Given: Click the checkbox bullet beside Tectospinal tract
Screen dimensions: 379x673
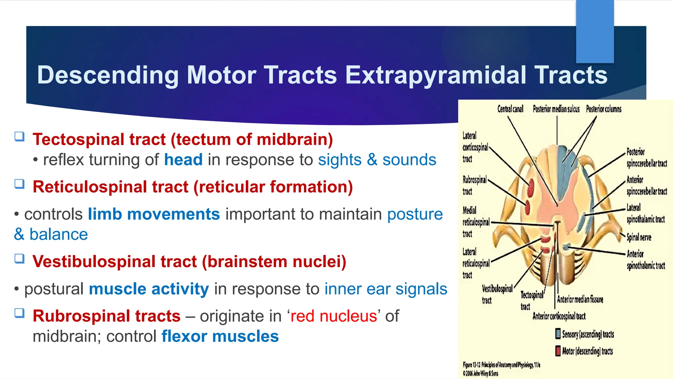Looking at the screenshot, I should (x=19, y=137).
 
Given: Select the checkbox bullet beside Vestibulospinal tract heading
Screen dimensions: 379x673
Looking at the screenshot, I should (x=19, y=259).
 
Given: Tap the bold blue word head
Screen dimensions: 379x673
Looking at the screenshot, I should (x=183, y=160).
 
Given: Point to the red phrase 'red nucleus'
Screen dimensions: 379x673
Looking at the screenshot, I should (x=334, y=316).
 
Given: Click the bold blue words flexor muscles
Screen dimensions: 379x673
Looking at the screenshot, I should (x=220, y=337).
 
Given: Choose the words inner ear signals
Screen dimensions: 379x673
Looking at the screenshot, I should (x=385, y=289).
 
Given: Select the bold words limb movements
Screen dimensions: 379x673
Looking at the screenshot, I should (x=153, y=214).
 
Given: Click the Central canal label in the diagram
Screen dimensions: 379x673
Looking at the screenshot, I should (x=510, y=109).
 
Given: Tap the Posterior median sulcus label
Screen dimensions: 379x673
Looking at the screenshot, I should (x=556, y=109).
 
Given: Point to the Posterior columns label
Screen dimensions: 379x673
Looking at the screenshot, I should (x=604, y=109).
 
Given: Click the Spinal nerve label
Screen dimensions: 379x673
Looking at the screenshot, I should (x=638, y=237).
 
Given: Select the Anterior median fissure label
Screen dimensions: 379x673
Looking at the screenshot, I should (x=580, y=299).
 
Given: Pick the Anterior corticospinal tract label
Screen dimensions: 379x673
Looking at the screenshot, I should (x=559, y=316).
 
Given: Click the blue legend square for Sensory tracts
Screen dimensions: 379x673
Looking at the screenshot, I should (x=558, y=334).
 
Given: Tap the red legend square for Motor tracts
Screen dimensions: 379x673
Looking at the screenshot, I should (x=558, y=351).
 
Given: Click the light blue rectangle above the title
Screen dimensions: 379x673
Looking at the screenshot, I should (x=595, y=31).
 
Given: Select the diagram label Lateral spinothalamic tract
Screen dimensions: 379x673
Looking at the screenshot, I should (x=645, y=214).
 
